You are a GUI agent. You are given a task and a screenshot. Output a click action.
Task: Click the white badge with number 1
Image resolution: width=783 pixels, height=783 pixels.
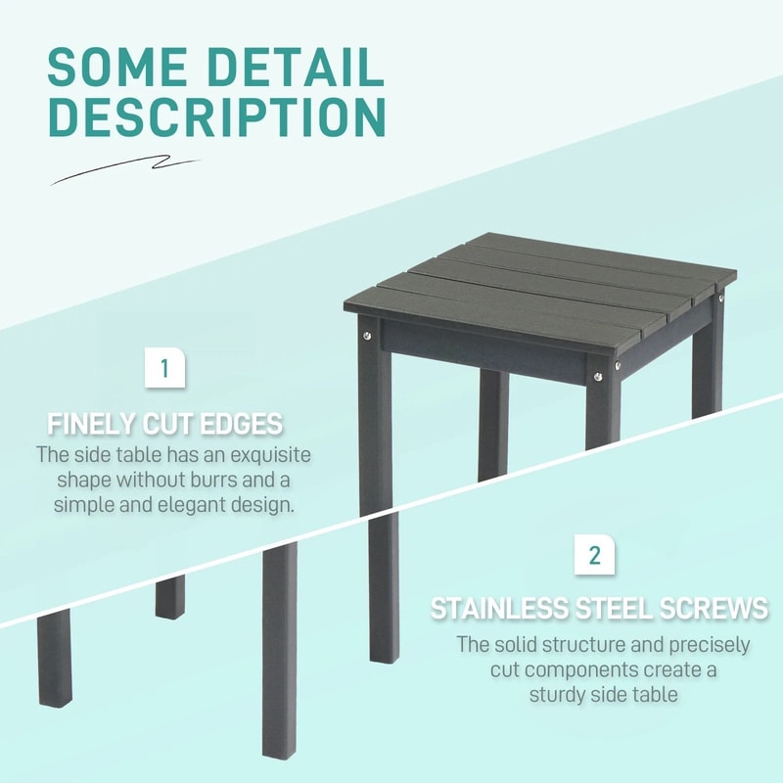164,369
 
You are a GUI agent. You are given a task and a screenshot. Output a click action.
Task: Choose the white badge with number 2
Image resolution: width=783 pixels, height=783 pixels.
594,555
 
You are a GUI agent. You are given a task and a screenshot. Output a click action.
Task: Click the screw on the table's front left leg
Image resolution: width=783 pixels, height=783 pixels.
367,337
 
